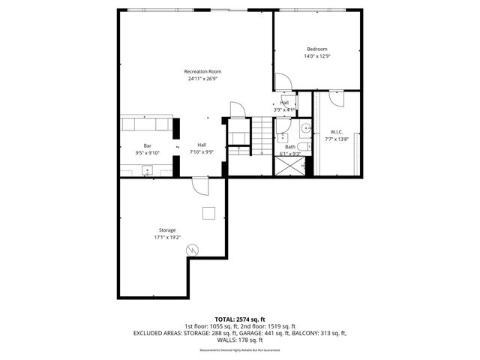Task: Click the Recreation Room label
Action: click(202, 71)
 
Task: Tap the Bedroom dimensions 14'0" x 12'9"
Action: click(316, 56)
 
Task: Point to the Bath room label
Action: click(289, 147)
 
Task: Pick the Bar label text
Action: click(148, 145)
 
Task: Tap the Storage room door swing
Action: click(200, 186)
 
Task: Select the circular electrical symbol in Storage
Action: click(192, 249)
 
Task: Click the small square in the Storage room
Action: click(208, 213)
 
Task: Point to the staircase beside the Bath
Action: click(260, 136)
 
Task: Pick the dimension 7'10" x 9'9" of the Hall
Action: click(202, 152)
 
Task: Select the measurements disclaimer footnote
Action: click(239, 350)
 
